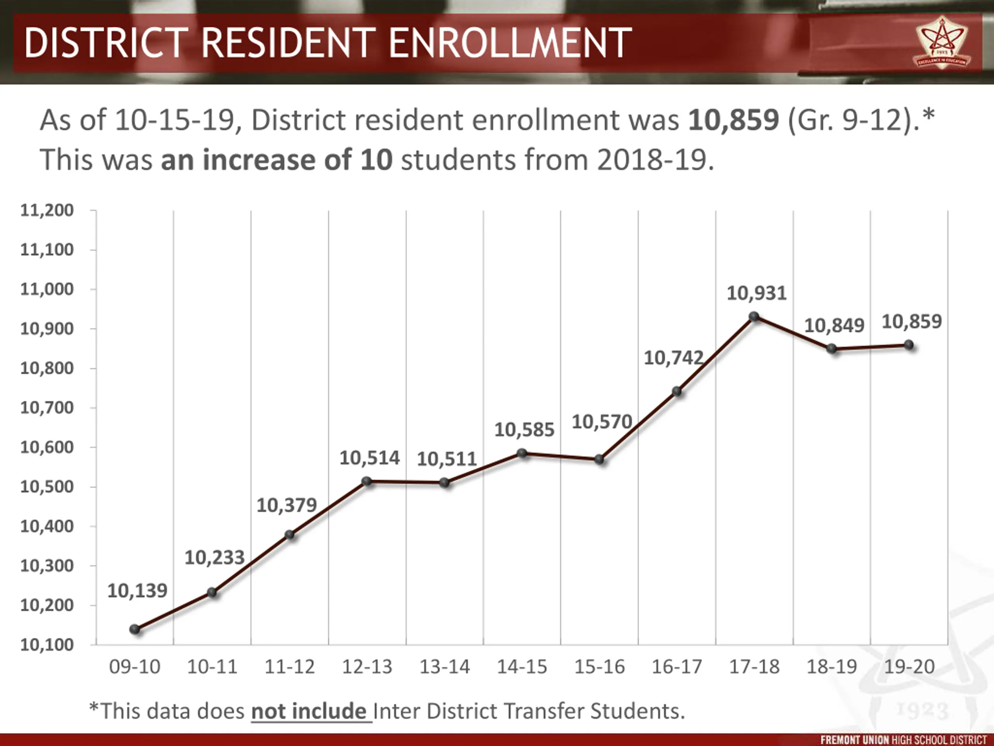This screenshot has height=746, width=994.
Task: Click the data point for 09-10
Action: (135, 629)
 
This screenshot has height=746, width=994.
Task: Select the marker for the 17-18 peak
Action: (754, 317)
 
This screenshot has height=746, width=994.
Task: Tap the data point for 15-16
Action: (600, 459)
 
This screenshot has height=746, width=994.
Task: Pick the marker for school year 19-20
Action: (909, 345)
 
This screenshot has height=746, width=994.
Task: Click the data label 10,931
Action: (757, 293)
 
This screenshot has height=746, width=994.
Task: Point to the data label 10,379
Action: (287, 505)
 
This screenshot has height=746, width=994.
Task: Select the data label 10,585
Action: (525, 430)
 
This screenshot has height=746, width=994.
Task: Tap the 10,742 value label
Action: (674, 358)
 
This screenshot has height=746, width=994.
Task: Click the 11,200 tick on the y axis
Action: (47, 211)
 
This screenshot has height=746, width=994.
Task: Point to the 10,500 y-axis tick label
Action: (47, 486)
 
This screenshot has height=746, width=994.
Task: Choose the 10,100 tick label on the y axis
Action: (47, 645)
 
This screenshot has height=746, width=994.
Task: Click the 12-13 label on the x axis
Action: (367, 666)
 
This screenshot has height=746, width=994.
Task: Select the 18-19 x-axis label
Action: (832, 666)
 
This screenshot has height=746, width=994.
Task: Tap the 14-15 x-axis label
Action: (522, 666)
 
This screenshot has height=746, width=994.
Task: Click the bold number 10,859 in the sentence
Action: (733, 120)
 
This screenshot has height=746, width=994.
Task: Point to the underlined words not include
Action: (309, 711)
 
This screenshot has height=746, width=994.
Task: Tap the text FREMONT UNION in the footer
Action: (855, 740)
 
